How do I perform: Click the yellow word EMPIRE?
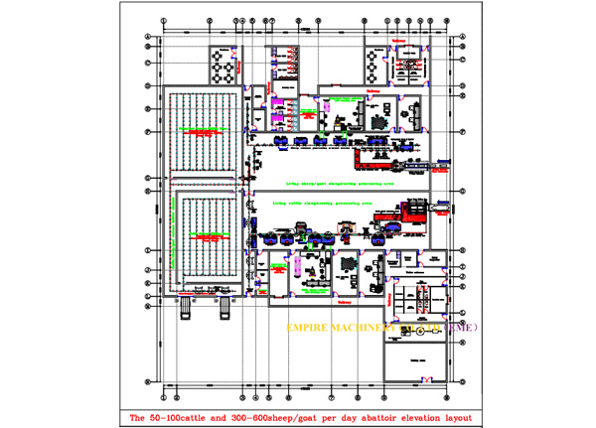coord(310,327)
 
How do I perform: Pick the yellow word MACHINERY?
coord(368,327)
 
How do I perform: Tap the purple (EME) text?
coord(460,327)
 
